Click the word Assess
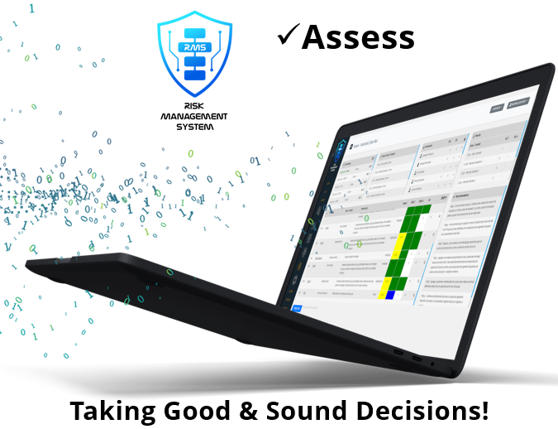(x=358, y=36)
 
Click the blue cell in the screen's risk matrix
(x=390, y=295)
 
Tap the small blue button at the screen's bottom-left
(x=297, y=306)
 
